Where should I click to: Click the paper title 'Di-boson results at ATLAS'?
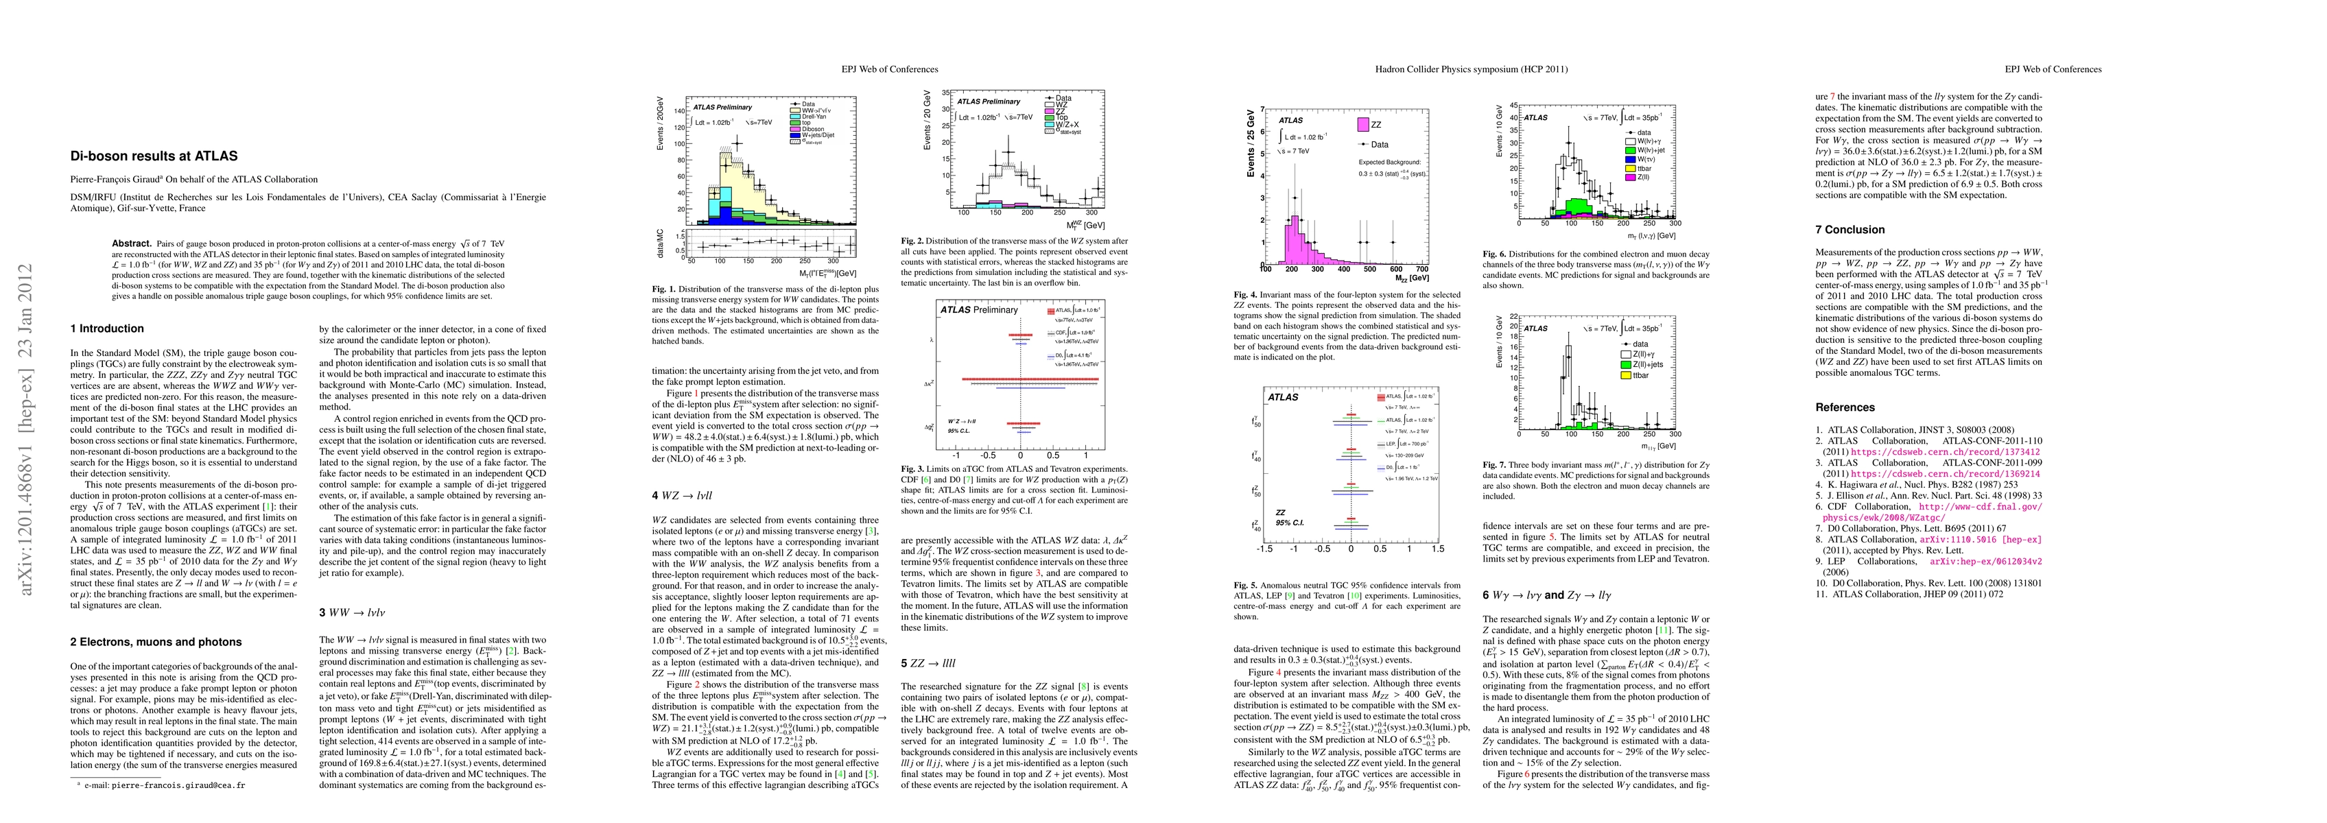pos(154,156)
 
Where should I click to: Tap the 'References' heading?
pos(1845,407)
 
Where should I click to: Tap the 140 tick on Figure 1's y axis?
pos(679,111)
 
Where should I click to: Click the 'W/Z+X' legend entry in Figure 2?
pos(1066,125)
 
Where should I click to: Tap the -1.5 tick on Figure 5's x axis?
pos(1264,549)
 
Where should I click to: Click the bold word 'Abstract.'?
pos(131,244)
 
